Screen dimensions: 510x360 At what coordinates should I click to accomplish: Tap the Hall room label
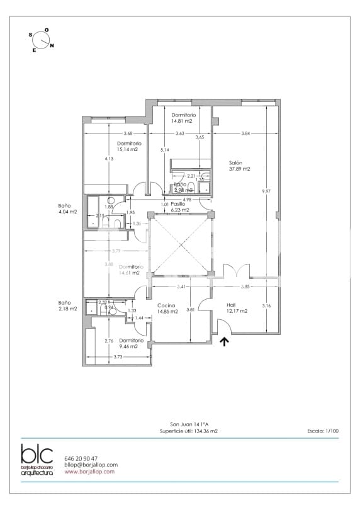point(231,305)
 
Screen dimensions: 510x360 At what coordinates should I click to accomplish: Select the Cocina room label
point(166,305)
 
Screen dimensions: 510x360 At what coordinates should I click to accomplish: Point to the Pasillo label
point(178,204)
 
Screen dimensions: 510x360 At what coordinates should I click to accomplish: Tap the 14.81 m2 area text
point(183,121)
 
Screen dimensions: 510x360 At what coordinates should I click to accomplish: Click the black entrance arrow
point(224,342)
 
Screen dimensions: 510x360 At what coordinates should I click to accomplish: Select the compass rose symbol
point(42,40)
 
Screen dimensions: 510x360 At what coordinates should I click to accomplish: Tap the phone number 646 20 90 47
point(81,458)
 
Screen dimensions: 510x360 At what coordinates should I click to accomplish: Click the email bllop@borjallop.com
point(91,465)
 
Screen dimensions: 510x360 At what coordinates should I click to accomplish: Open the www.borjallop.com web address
point(89,471)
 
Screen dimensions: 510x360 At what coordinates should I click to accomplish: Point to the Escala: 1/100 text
point(323,431)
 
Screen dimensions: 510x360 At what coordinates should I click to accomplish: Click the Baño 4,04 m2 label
point(67,208)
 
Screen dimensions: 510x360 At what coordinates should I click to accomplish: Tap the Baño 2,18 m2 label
point(67,305)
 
